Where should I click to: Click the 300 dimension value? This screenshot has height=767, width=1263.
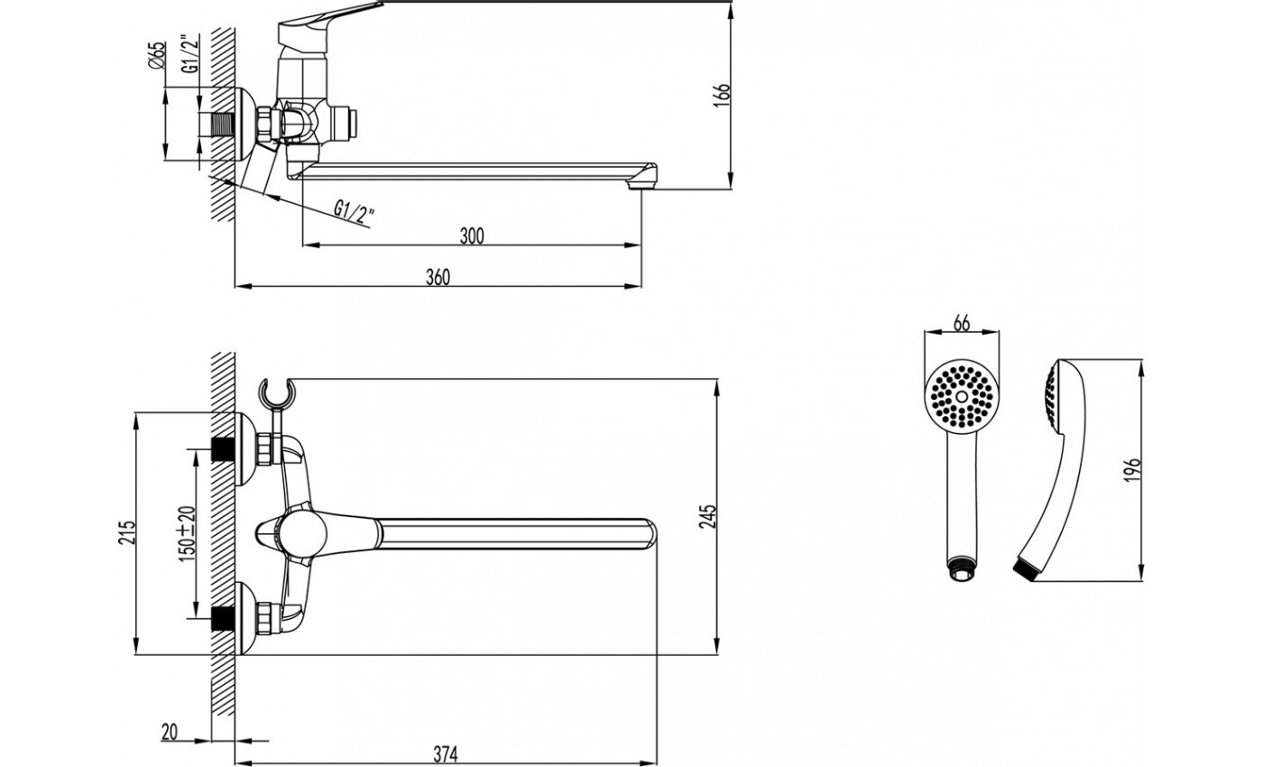472,236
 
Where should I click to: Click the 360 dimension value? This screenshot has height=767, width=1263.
438,278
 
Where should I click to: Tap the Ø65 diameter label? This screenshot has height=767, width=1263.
157,56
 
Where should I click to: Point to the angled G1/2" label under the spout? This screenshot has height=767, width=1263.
354,214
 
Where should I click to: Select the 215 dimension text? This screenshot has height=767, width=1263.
127,531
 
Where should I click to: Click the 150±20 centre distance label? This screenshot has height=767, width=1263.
188,533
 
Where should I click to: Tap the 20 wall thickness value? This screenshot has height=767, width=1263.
170,732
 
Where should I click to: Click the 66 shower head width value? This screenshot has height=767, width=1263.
962,324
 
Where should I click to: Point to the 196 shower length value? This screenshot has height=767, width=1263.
1132,469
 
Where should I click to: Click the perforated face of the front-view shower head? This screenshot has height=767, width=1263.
962,396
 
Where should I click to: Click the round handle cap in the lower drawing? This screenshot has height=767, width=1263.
303,533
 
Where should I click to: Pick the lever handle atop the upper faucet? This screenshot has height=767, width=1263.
327,17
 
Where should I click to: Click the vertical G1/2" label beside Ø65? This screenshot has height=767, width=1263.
191,54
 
